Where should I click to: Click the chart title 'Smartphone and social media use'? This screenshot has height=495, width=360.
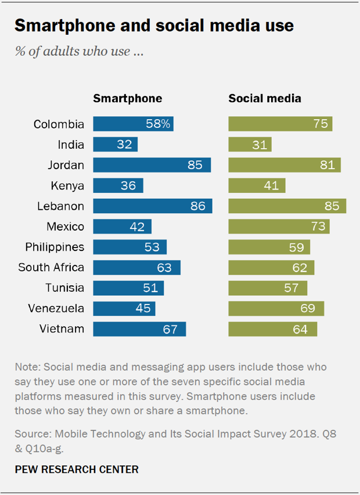[x=154, y=26]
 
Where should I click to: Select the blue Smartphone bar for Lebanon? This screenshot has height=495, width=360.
[x=153, y=206]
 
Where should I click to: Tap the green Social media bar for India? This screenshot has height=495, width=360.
[x=250, y=145]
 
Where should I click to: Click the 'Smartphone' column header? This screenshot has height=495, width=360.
[x=128, y=98]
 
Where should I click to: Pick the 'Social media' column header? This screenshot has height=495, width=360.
[x=265, y=98]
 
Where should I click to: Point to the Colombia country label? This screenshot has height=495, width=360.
[x=59, y=124]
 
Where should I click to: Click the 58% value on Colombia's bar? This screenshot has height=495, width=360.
[x=158, y=124]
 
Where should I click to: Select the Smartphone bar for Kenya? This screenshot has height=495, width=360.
[x=118, y=186]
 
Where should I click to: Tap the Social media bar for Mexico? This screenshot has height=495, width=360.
[x=279, y=227]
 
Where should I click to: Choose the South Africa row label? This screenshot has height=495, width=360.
[x=51, y=267]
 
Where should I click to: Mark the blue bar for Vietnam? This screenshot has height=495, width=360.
[x=139, y=329]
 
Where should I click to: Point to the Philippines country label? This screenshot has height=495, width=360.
[x=55, y=247]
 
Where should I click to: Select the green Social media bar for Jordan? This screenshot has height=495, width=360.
[x=285, y=165]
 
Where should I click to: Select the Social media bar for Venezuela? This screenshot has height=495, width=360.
[x=276, y=309]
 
